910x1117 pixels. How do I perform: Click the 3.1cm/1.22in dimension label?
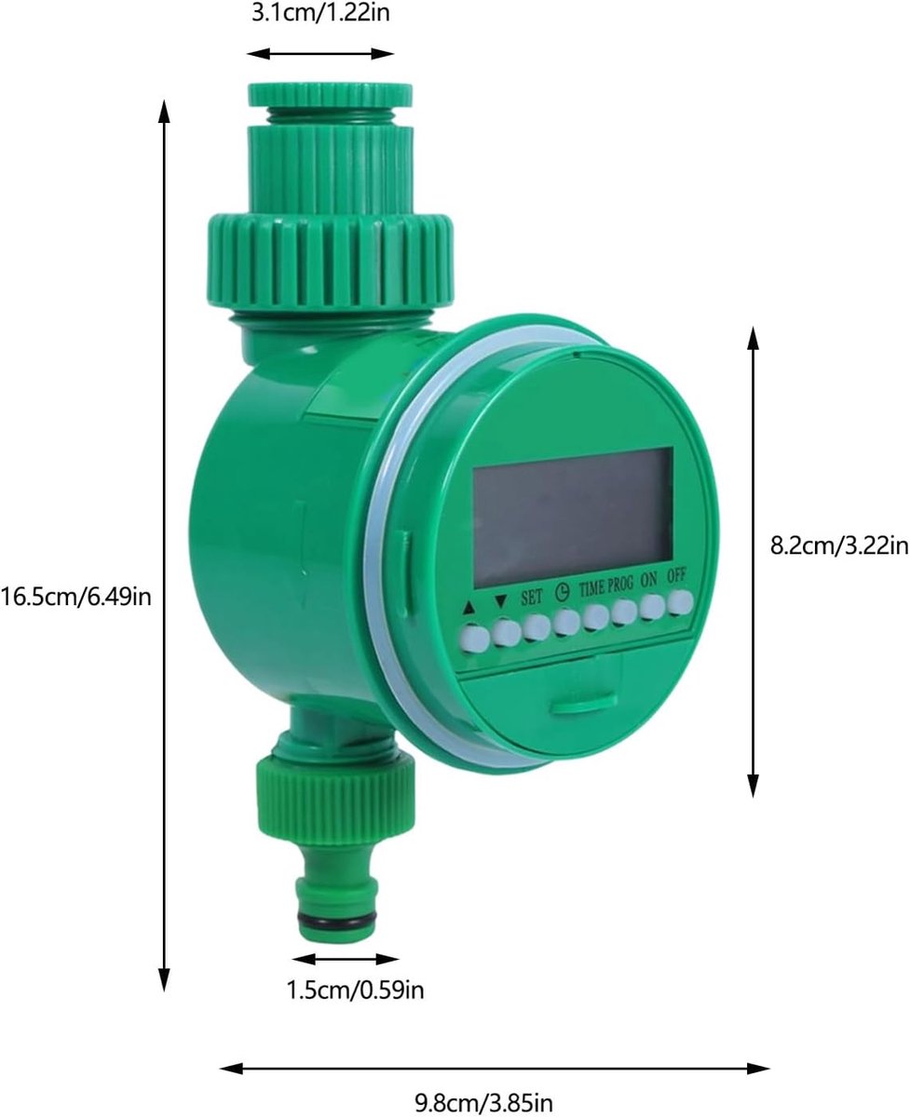[320, 13]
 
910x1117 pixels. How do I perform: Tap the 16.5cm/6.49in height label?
[76, 597]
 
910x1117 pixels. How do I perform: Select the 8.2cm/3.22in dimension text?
[839, 545]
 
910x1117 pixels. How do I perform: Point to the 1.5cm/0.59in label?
[355, 990]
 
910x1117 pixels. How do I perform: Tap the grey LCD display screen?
[573, 518]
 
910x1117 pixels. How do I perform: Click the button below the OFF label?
[680, 602]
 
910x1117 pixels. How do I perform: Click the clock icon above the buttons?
[562, 593]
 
